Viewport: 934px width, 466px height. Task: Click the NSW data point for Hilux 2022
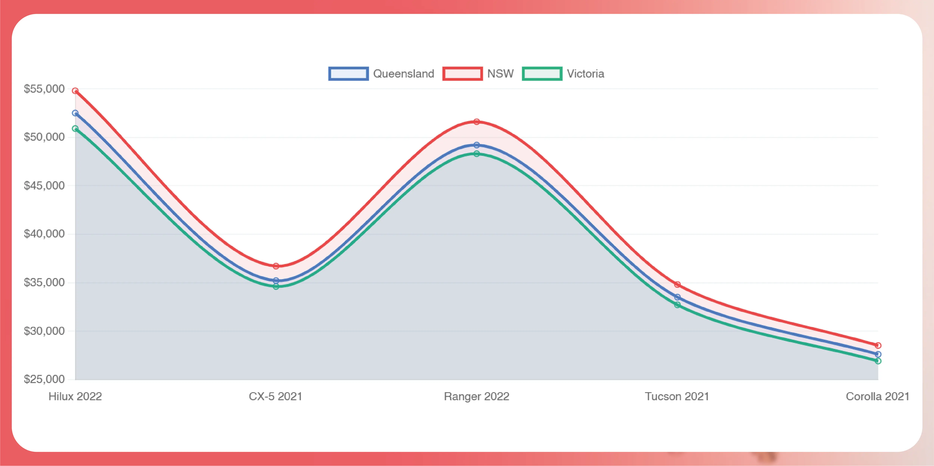coord(75,91)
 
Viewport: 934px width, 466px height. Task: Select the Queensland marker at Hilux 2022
coord(75,113)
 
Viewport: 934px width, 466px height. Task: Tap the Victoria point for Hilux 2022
coord(75,128)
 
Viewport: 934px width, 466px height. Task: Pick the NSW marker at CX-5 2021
coord(276,266)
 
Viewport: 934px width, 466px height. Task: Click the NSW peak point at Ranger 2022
coord(477,122)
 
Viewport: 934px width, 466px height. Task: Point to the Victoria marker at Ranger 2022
coord(477,154)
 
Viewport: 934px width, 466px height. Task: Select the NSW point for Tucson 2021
coord(677,284)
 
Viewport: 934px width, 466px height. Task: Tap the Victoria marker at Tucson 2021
coord(677,305)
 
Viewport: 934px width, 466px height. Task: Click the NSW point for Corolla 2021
coord(878,345)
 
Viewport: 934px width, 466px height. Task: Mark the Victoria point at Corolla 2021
coord(878,361)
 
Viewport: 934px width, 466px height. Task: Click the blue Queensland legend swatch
coord(348,74)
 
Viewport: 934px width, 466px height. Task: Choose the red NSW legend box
coord(463,74)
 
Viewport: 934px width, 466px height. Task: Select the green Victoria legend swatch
coord(542,74)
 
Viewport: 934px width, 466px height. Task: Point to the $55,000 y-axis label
coord(44,89)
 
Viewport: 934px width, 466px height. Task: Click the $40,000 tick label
coord(44,234)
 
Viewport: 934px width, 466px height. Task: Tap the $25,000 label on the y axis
coord(44,379)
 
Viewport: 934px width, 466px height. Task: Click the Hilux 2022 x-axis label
coord(75,396)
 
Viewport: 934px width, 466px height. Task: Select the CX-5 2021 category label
coord(275,396)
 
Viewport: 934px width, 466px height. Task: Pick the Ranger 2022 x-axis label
coord(477,396)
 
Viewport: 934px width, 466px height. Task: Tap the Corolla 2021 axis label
coord(877,396)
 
